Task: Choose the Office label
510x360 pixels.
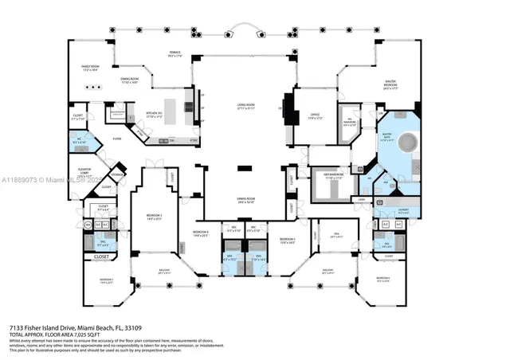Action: click(x=314, y=117)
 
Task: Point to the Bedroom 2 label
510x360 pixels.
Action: click(x=107, y=280)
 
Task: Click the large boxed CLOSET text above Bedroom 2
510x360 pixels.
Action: click(x=102, y=256)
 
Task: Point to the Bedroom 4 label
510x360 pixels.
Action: click(x=200, y=233)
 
